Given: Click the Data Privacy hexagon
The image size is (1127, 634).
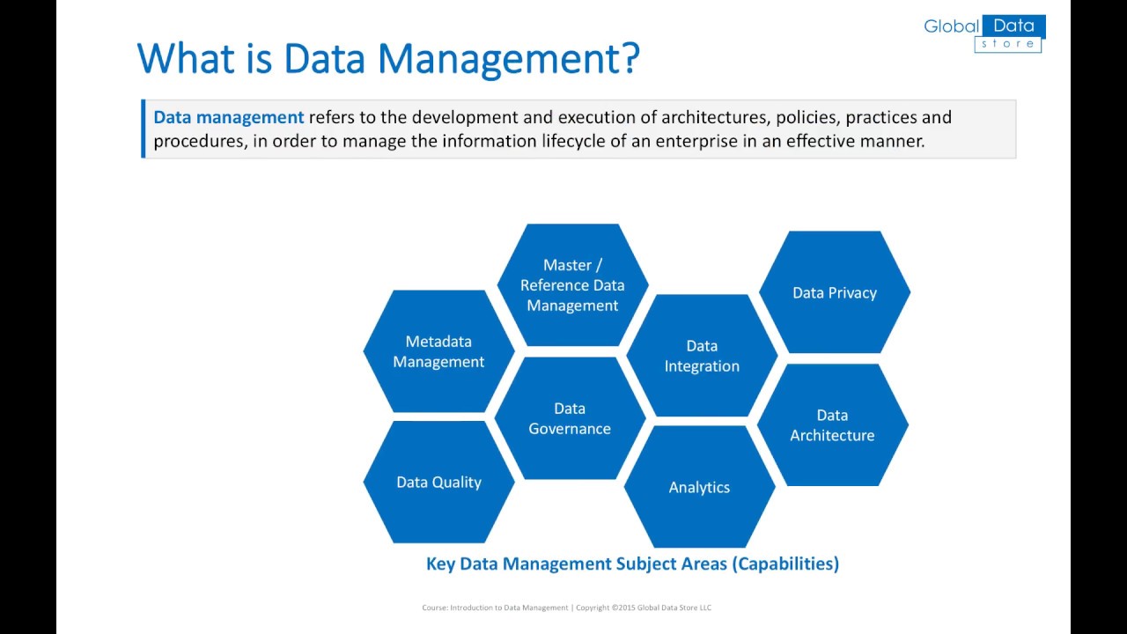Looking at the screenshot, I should click(x=835, y=292).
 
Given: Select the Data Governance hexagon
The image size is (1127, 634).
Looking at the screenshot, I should click(x=570, y=418).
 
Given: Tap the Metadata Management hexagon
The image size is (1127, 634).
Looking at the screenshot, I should click(x=438, y=351).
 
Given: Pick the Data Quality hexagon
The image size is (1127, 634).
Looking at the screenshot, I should click(x=438, y=482).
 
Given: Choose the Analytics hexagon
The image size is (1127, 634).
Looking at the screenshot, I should click(x=699, y=487).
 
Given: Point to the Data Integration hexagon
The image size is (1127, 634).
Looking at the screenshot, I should click(x=702, y=356).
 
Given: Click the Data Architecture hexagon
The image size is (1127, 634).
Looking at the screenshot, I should click(x=832, y=424).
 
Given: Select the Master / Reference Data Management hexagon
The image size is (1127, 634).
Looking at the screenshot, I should click(x=572, y=284).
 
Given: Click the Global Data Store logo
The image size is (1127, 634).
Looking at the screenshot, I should click(x=983, y=33).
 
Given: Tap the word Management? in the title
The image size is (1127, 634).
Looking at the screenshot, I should click(x=508, y=59).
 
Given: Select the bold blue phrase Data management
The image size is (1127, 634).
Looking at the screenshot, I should click(x=228, y=117).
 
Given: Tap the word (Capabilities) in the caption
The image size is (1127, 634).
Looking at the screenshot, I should click(x=785, y=564).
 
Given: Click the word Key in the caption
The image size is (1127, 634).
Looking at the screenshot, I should click(x=440, y=564).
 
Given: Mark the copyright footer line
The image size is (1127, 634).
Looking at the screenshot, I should click(x=566, y=608).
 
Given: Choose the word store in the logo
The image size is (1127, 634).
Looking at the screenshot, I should click(x=1008, y=44).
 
